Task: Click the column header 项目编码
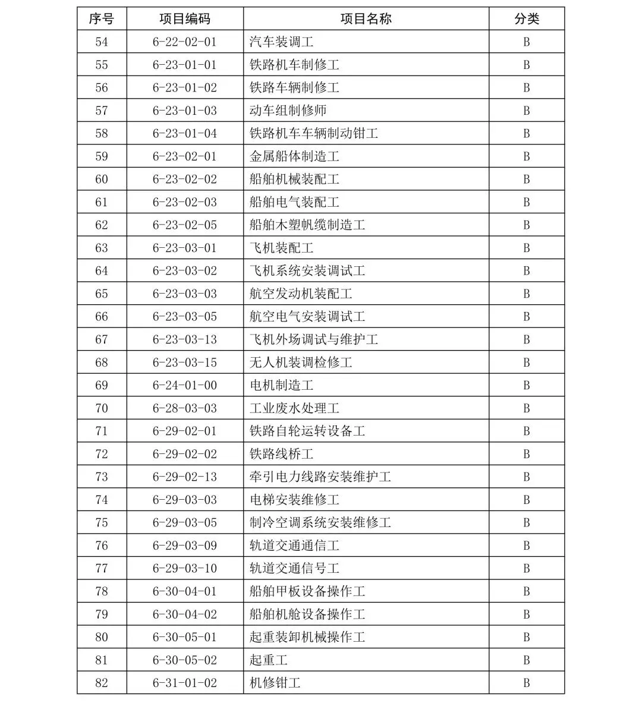(x=184, y=19)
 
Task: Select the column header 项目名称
(x=366, y=19)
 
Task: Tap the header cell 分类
(x=526, y=19)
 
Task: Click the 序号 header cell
(x=102, y=19)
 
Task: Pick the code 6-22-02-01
(x=184, y=42)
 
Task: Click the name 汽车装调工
(x=281, y=42)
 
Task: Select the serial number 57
(x=102, y=111)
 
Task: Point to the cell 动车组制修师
(x=288, y=111)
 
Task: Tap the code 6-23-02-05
(x=184, y=225)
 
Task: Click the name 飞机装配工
(x=281, y=248)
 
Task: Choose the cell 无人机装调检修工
(x=301, y=362)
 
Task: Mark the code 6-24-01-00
(x=184, y=385)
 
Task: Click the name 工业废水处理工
(x=294, y=408)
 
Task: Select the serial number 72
(x=102, y=454)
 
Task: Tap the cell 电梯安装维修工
(x=294, y=500)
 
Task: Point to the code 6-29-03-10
(x=184, y=569)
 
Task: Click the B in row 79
(x=526, y=614)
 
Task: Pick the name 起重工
(x=268, y=660)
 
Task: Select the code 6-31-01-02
(x=184, y=683)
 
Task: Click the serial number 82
(x=102, y=683)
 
